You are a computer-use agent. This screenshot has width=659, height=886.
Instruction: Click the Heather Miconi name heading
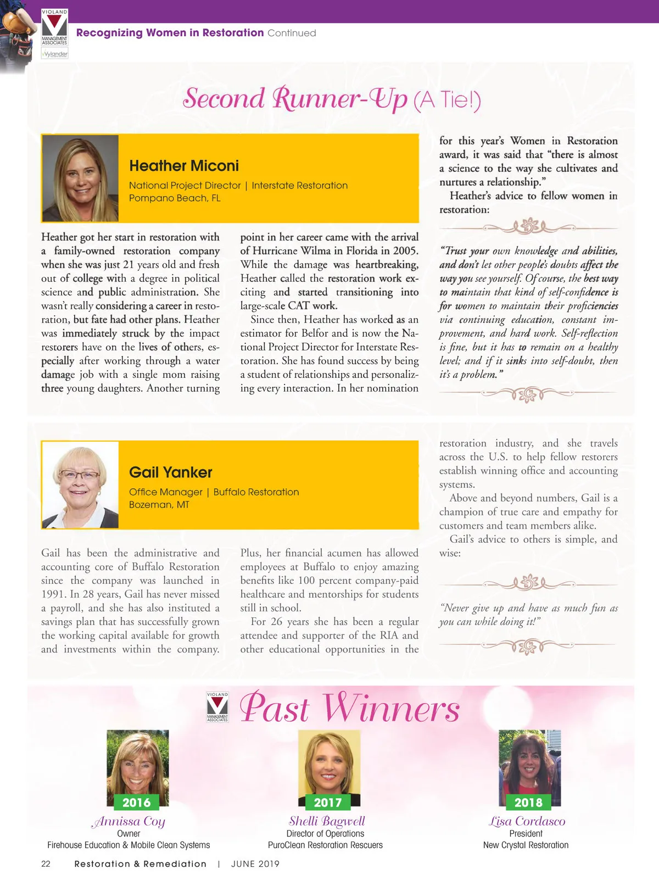184,166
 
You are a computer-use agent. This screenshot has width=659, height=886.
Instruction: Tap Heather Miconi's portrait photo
80,178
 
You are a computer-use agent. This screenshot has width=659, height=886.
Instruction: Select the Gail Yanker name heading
170,472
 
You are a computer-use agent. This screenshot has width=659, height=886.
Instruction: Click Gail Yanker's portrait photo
80,484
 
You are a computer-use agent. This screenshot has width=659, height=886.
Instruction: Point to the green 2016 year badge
136,803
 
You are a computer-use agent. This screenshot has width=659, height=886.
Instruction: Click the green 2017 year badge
328,803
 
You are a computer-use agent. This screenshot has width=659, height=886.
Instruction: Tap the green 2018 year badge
528,803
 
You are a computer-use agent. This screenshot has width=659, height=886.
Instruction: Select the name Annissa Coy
129,821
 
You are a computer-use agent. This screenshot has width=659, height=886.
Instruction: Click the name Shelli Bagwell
327,821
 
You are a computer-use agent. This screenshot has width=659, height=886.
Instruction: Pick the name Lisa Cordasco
527,821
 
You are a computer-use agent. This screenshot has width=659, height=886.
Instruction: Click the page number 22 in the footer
46,864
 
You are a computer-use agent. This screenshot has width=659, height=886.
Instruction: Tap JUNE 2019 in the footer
255,864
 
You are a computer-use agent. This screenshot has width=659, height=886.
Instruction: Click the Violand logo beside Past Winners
217,707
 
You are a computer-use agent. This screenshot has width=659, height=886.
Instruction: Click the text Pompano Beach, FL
175,198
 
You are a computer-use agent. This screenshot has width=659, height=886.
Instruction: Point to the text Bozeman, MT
159,505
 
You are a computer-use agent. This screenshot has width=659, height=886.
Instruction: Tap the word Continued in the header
292,33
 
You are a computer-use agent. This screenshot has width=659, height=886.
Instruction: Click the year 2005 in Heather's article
404,251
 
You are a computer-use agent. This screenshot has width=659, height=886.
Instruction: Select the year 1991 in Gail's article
53,594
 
